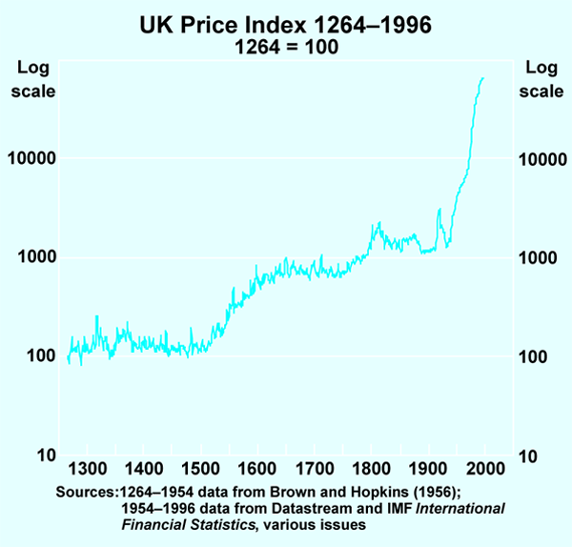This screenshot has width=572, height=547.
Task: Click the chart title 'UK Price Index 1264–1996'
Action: pos(286,26)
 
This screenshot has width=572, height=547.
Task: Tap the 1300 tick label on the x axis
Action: pos(87,469)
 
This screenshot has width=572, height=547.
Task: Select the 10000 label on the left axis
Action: pos(31,159)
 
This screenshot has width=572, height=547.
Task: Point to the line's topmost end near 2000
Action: pos(483,77)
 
